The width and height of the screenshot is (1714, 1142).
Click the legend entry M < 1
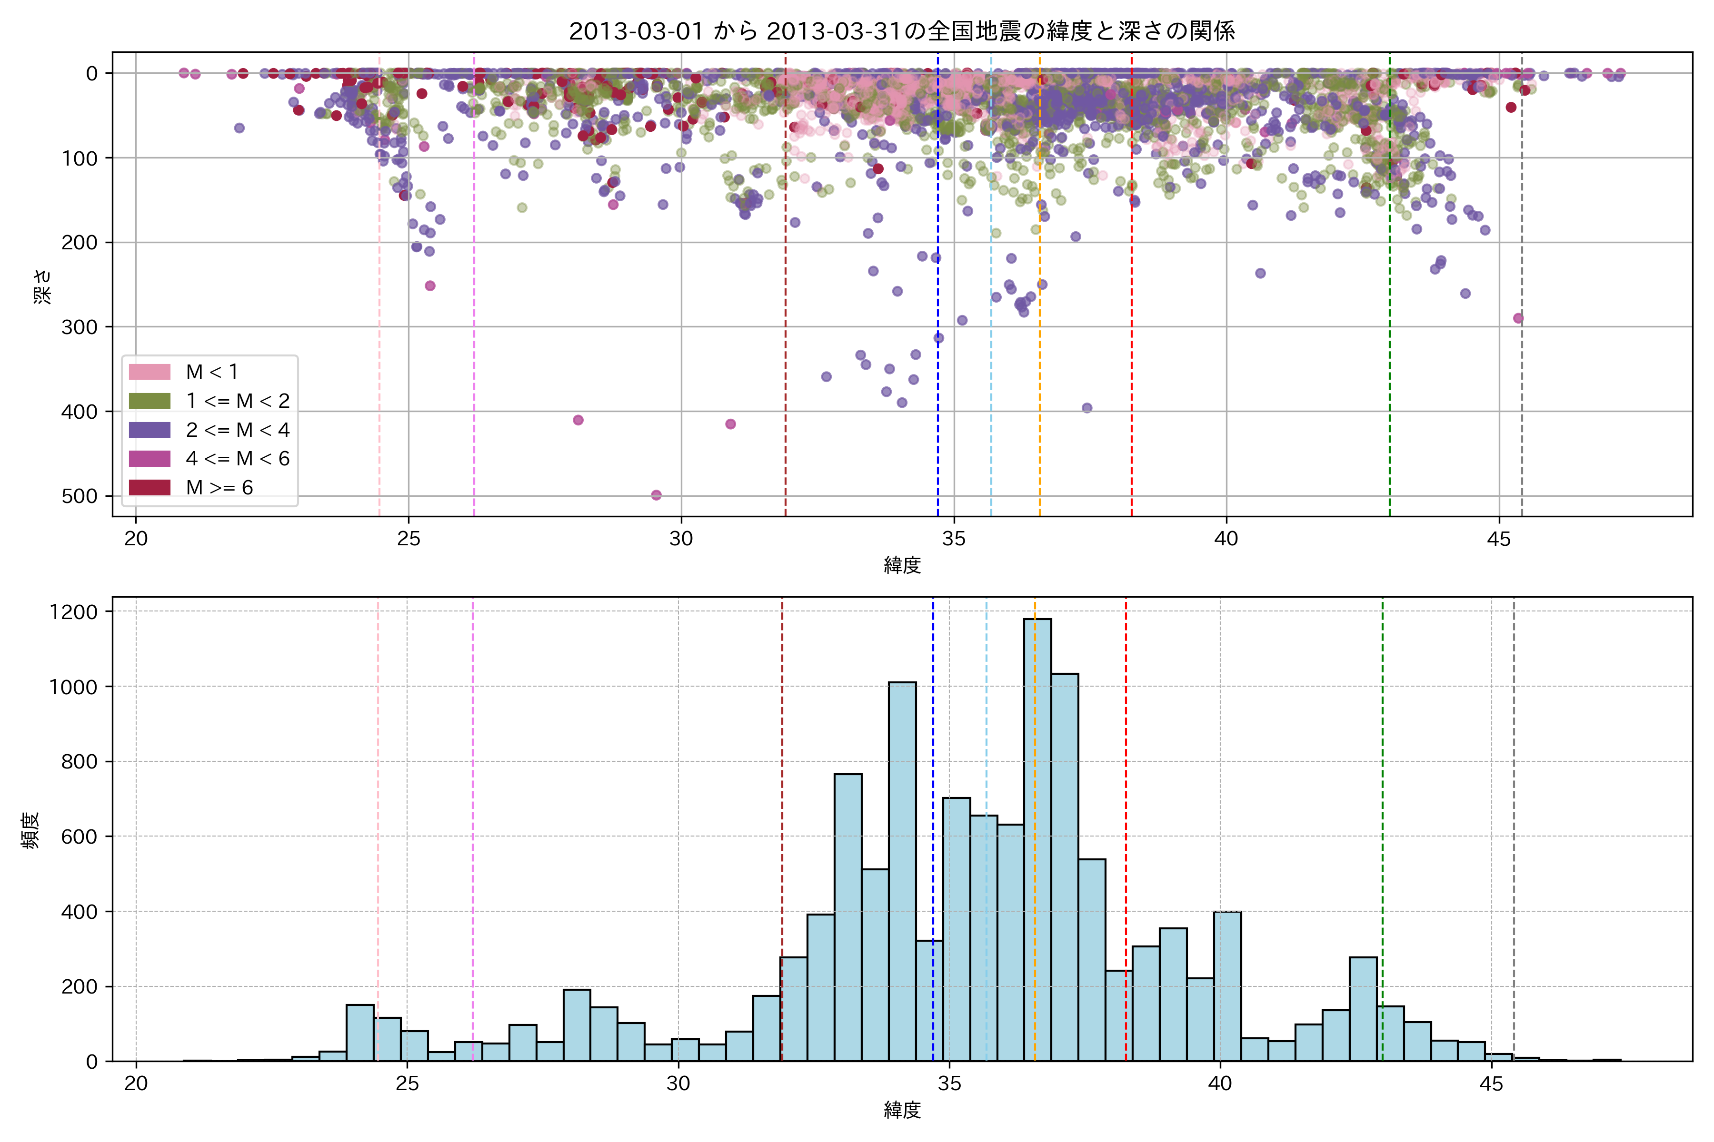click(x=211, y=372)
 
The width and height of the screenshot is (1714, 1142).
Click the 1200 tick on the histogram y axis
click(x=73, y=612)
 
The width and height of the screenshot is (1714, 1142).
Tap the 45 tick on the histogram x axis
click(x=1491, y=1084)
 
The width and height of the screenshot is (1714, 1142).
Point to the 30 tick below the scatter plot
click(x=681, y=539)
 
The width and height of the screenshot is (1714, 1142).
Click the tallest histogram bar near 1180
click(x=1037, y=837)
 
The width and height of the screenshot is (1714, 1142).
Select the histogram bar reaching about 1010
click(x=902, y=874)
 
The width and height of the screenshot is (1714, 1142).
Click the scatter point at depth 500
click(x=656, y=495)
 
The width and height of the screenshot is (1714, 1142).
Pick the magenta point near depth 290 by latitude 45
click(x=1518, y=318)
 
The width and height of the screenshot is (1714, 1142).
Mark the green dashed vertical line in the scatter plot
click(x=1390, y=291)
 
